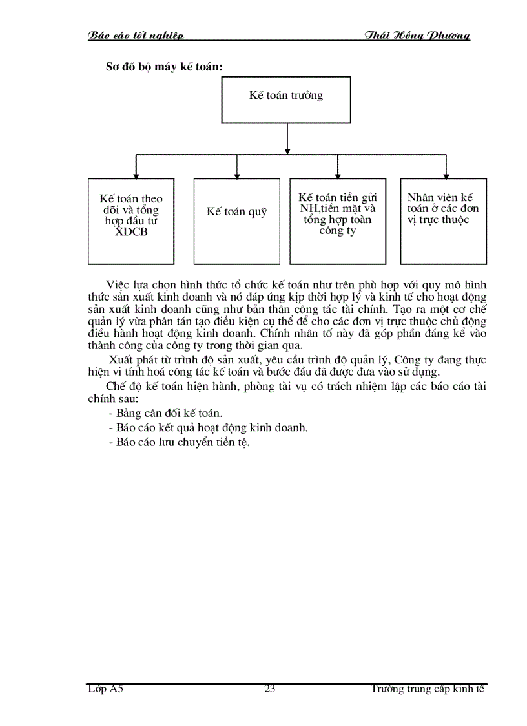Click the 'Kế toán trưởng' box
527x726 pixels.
[x=286, y=100]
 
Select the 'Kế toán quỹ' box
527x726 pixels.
[x=236, y=221]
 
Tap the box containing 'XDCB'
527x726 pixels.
[x=131, y=221]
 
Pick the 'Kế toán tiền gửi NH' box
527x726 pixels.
[x=337, y=221]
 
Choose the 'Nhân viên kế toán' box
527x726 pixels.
[x=443, y=221]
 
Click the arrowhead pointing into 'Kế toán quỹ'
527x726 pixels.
[x=237, y=175]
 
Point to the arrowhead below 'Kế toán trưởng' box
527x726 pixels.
[x=287, y=151]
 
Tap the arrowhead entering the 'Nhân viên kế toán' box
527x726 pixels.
[x=446, y=175]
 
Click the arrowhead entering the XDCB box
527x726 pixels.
[x=136, y=175]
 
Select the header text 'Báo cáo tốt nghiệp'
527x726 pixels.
[x=136, y=36]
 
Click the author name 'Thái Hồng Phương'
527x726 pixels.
[x=417, y=36]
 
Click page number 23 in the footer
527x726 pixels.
[x=270, y=689]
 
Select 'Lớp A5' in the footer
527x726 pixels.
[x=105, y=689]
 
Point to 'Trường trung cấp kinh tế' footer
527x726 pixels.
[x=428, y=689]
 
